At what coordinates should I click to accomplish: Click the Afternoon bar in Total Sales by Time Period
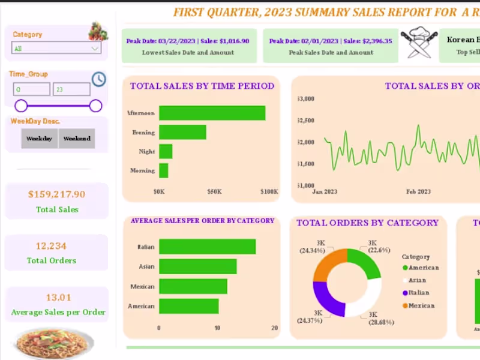point(212,113)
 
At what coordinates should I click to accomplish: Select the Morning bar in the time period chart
point(163,170)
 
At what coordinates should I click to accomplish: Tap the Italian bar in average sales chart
point(207,247)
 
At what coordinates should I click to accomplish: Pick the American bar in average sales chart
point(188,306)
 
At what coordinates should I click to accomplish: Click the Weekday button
point(40,139)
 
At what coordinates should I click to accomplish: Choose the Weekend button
point(77,139)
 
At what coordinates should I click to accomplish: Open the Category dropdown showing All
point(56,48)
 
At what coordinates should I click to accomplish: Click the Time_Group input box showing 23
point(71,89)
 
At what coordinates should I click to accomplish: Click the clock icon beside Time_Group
point(99,79)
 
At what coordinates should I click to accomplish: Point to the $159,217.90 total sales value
point(56,194)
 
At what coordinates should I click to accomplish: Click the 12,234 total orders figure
point(51,246)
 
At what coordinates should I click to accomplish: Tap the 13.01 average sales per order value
point(58,298)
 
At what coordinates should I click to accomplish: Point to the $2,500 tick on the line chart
point(306,121)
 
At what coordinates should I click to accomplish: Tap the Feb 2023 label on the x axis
point(418,192)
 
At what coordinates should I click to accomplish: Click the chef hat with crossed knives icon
point(418,45)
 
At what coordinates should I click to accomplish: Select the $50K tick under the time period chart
point(214,192)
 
